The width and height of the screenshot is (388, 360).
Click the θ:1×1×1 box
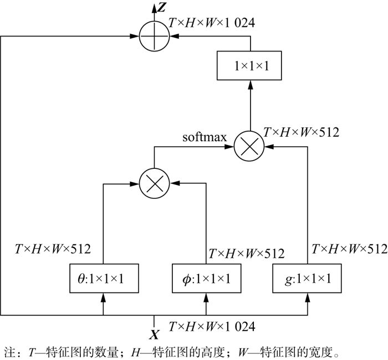click(104, 279)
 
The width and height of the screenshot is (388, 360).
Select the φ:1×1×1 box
click(207, 279)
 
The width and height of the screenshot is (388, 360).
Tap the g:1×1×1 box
click(308, 279)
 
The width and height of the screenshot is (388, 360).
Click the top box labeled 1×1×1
click(251, 65)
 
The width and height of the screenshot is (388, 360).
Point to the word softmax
click(205, 137)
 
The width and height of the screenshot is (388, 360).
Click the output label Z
click(162, 7)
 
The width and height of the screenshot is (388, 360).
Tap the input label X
click(155, 334)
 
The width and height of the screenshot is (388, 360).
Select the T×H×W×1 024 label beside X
click(212, 326)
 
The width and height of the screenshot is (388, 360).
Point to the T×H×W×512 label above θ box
click(53, 249)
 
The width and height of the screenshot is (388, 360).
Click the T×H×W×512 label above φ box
click(246, 254)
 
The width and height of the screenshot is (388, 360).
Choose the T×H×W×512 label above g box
click(349, 249)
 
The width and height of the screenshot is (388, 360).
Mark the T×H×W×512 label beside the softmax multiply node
click(302, 132)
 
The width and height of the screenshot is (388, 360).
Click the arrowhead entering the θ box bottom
click(104, 298)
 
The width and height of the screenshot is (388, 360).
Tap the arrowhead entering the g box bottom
click(308, 298)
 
